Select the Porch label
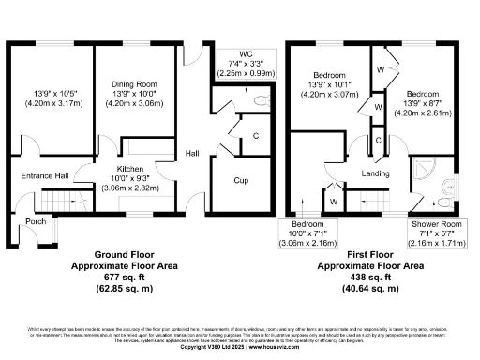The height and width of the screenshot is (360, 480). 36,222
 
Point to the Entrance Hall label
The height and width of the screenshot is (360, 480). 43,174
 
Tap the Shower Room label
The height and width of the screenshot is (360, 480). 436,226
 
